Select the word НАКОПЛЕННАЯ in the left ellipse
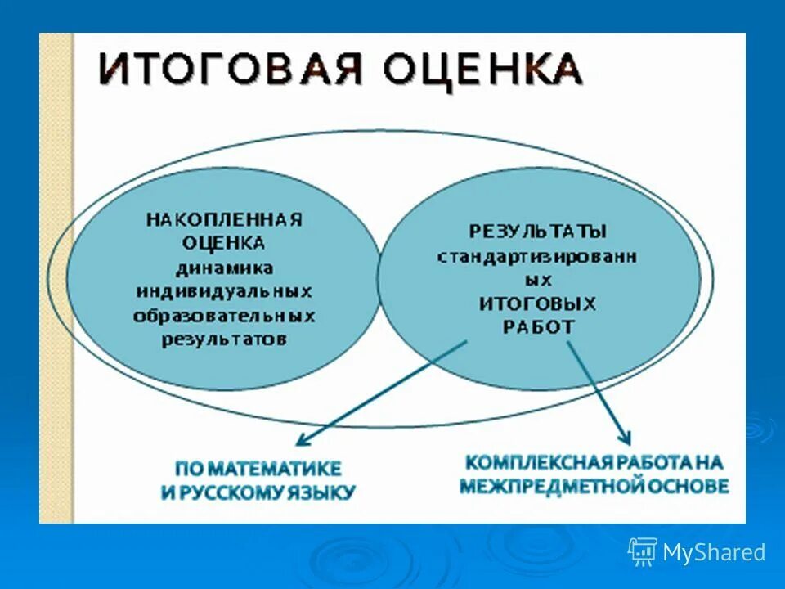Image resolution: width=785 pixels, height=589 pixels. (224, 220)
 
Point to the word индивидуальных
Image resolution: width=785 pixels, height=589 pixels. (224, 291)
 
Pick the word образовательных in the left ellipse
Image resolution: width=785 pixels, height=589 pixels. (224, 316)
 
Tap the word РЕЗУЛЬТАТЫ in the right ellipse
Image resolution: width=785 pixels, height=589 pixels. (538, 232)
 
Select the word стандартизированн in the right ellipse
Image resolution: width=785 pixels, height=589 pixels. (537, 255)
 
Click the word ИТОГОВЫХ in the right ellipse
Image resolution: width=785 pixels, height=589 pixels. (537, 303)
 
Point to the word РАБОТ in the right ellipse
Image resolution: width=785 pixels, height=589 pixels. (537, 326)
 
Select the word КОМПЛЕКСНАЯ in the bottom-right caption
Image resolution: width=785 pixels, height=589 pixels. (531, 462)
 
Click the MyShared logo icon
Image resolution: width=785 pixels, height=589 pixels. (643, 552)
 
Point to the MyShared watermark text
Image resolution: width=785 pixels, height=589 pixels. (714, 553)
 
